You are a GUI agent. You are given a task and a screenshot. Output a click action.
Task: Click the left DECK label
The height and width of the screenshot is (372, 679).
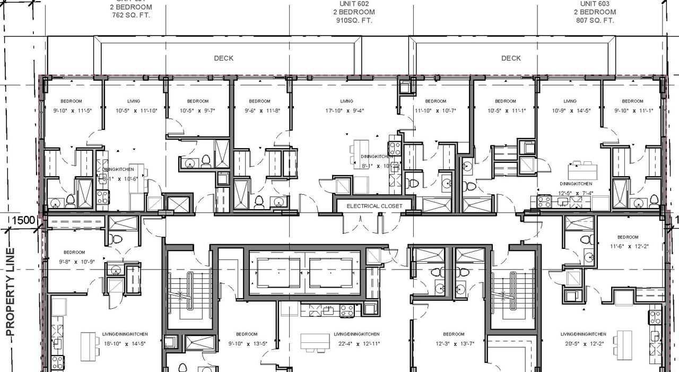(x=223, y=58)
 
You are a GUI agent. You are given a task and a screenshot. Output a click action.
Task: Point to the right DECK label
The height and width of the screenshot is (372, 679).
(x=511, y=58)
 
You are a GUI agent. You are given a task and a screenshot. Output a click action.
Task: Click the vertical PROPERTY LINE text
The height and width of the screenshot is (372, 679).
(x=11, y=292)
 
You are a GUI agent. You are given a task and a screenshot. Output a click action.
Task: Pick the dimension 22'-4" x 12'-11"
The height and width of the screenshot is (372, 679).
(x=356, y=343)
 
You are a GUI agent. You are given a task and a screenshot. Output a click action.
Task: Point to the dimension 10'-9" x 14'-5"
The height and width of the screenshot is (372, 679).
(x=570, y=111)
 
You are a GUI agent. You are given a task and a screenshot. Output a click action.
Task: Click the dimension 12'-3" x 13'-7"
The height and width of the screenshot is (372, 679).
(x=454, y=343)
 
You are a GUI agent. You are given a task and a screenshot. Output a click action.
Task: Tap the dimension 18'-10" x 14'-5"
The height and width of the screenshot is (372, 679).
(x=125, y=343)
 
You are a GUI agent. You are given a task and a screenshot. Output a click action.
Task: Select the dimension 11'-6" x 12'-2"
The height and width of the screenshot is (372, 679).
(x=628, y=246)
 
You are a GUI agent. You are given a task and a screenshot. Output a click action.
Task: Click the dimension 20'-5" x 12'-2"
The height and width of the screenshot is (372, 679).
(x=584, y=343)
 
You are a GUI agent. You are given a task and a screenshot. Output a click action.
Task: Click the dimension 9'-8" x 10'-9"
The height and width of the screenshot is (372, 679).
(x=74, y=262)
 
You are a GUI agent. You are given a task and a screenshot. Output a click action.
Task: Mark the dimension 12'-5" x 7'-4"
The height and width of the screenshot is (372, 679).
(x=569, y=193)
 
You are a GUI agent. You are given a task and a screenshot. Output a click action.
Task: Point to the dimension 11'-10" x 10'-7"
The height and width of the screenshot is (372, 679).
(x=436, y=111)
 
